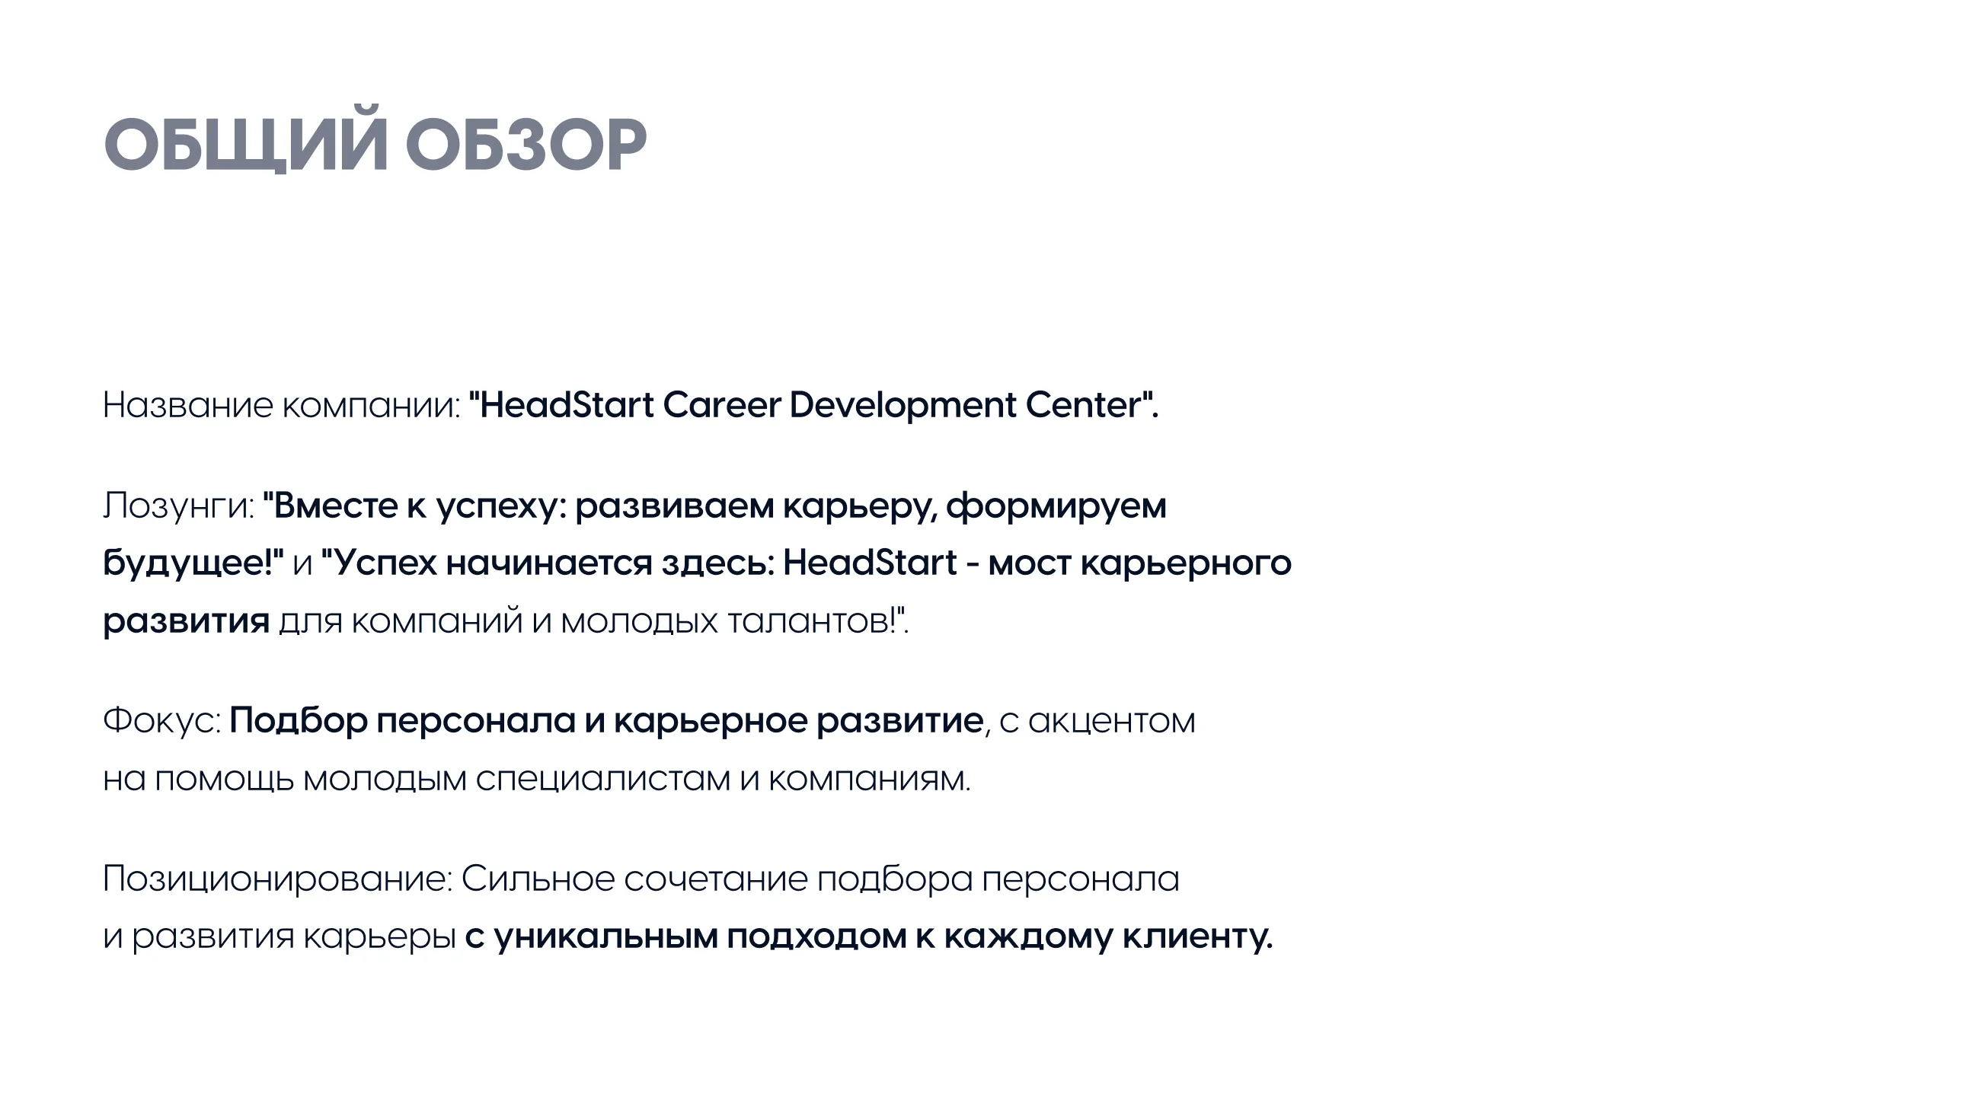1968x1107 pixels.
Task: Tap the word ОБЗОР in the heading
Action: click(526, 145)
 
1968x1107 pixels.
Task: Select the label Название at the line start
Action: click(188, 405)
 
